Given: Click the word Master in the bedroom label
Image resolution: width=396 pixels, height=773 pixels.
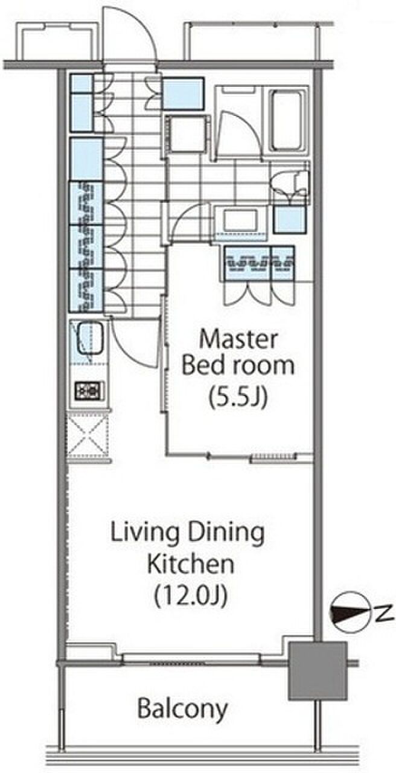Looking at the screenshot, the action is coord(238,339).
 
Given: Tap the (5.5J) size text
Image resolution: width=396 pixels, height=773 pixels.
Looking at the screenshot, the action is coord(238,397).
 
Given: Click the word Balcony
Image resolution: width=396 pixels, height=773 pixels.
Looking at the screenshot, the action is coord(182,710).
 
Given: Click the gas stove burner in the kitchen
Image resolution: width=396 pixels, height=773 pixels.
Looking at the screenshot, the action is coord(89,390).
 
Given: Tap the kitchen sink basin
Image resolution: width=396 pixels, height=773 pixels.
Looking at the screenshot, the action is coord(89,338).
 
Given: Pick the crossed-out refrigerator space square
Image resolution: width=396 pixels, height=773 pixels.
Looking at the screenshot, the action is coord(88,435).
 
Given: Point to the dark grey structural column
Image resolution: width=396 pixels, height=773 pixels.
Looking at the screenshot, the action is coord(318,671).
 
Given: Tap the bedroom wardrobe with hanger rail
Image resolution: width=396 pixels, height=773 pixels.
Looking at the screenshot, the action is coord(259,263).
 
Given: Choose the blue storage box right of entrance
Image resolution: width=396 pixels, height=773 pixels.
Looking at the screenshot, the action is coord(183,94).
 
